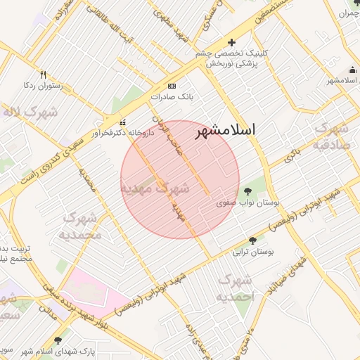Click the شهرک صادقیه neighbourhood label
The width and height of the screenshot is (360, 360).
(x=331, y=137)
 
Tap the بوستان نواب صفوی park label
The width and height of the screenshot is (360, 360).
(x=247, y=202)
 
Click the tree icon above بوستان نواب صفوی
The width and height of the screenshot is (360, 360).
(x=247, y=191)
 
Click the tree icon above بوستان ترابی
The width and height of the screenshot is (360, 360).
(x=252, y=240)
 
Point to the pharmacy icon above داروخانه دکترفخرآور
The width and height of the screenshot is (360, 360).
(x=124, y=121)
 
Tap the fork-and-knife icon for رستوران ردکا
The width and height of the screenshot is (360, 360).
(x=43, y=74)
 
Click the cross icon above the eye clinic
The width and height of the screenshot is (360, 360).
(x=232, y=43)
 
